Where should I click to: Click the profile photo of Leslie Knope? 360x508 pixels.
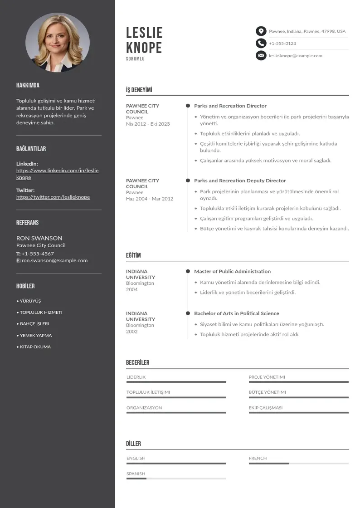[58, 42]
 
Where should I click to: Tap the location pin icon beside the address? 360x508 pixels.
[261, 31]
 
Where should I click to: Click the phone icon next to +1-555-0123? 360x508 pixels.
[261, 44]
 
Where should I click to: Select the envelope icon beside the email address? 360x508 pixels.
[261, 56]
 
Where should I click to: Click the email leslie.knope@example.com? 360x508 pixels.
[296, 56]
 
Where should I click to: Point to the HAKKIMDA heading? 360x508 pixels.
[28, 85]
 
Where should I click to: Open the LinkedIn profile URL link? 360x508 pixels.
[57, 174]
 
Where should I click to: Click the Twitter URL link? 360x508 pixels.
[53, 197]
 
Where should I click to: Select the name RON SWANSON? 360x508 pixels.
[39, 238]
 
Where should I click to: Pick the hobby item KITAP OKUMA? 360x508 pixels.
[35, 347]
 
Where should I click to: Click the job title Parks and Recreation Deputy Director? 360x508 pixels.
[240, 181]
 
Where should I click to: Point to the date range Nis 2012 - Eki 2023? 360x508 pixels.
[148, 124]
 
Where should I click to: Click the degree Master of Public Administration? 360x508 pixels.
[232, 271]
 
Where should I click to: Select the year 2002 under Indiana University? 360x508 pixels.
[132, 332]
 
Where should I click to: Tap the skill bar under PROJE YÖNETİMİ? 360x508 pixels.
[298, 382]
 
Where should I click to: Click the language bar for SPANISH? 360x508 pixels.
[176, 479]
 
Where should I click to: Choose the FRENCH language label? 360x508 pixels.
[258, 458]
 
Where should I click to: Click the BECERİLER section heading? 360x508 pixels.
[137, 362]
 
